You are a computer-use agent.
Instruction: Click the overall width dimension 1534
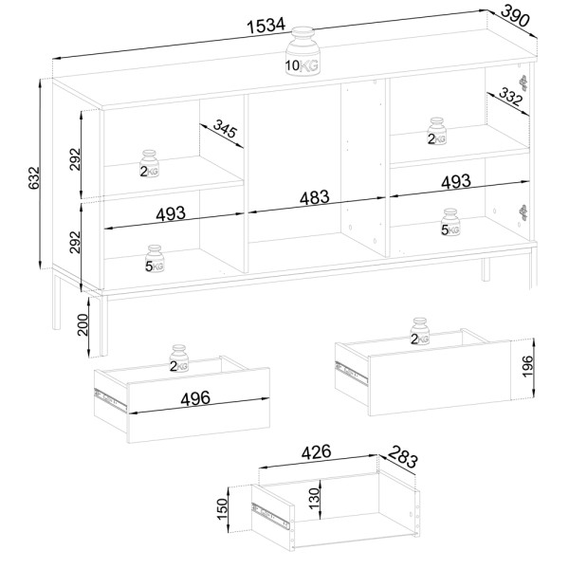tap(266, 27)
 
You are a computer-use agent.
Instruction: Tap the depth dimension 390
tap(515, 16)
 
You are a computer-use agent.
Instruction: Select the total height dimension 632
tap(33, 178)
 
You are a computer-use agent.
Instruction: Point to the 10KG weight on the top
tap(303, 51)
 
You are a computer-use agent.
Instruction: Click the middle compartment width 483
tap(315, 197)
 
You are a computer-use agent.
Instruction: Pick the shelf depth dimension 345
tap(225, 128)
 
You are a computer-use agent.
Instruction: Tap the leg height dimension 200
tap(83, 324)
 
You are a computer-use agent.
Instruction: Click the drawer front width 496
tap(195, 398)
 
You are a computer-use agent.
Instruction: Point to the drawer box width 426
tap(317, 451)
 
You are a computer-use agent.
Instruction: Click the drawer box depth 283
tap(403, 457)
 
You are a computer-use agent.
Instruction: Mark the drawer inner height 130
tap(314, 498)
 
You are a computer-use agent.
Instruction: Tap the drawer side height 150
tap(222, 509)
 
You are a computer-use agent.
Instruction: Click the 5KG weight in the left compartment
tap(155, 259)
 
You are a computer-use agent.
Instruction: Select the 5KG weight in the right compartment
tap(450, 222)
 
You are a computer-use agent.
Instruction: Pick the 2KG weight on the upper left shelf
tap(150, 164)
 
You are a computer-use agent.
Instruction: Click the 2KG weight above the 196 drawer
tap(420, 331)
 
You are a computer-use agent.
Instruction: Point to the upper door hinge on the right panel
tap(523, 83)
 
